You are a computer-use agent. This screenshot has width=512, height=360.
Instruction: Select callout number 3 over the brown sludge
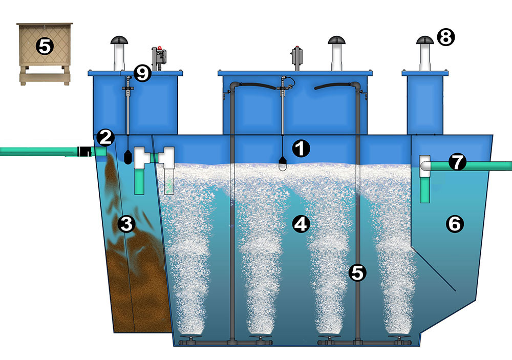coord(126,223)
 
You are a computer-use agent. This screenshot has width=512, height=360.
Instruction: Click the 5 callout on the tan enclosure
coord(44,47)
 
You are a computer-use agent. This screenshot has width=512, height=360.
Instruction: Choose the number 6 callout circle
coord(456,223)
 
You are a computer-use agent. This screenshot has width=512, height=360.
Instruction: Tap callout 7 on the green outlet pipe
coord(457,163)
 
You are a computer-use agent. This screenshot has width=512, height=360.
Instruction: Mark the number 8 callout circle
coord(445,36)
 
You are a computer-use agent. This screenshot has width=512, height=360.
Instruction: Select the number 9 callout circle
coord(143,73)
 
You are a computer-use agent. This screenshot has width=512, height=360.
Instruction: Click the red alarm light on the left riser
coord(160,48)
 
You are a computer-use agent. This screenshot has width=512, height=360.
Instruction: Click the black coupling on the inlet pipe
coord(83,152)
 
